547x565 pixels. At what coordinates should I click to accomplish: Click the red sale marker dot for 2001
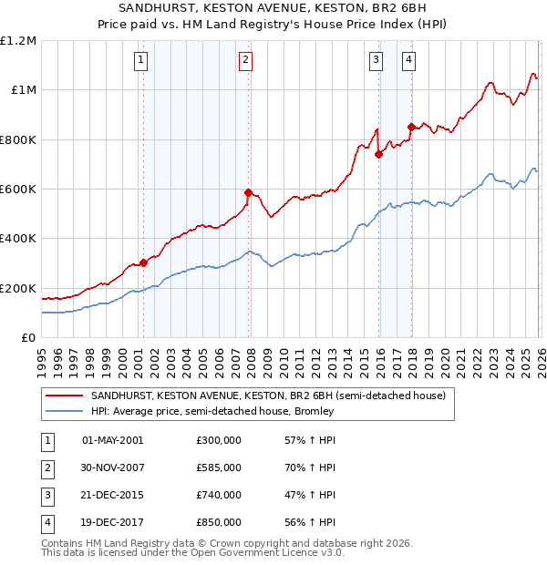point(143,262)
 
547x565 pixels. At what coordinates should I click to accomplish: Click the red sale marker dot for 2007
point(248,192)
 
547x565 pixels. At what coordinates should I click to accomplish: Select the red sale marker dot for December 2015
point(378,154)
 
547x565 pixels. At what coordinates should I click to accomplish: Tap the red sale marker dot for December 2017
point(411,127)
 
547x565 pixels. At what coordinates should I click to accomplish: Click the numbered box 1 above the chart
point(142,61)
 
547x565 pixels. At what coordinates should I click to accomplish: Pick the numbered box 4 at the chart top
point(409,61)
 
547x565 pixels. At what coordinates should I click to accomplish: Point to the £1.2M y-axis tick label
point(19,41)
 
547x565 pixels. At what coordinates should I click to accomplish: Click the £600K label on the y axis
point(17,190)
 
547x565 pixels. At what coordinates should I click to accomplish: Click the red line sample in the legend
point(63,395)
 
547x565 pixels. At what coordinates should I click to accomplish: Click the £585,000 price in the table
point(219,467)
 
